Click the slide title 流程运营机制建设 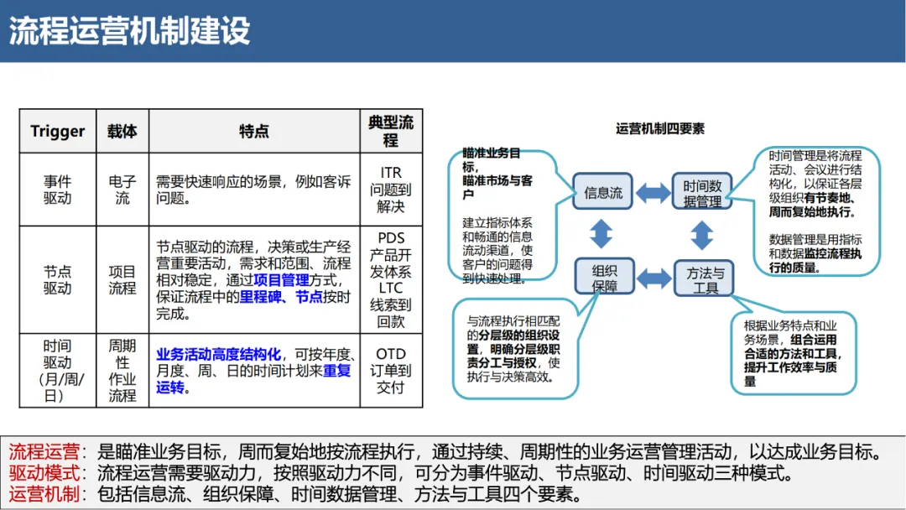coord(130,31)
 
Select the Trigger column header coord(58,132)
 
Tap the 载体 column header coord(122,132)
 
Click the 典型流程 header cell coord(391,132)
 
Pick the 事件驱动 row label coord(58,190)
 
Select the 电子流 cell coord(122,190)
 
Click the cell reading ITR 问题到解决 coord(391,190)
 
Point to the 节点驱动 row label coord(58,280)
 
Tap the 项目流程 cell coord(122,280)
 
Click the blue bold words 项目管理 coord(282,280)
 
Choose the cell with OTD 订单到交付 coord(391,371)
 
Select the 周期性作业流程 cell coord(122,371)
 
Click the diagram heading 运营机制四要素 coord(660,128)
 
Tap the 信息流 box coord(604,192)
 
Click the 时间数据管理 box coord(702,192)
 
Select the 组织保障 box coord(604,278)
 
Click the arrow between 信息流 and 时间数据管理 coord(653,192)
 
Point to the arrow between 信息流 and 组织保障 coord(602,233)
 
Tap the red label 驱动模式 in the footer coord(44,473)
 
